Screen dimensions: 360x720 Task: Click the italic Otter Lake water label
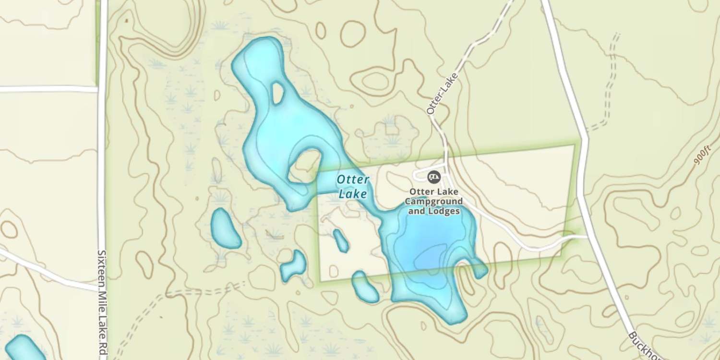[353, 187]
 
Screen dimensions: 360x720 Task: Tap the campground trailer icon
[434, 177]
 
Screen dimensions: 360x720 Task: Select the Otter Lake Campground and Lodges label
[436, 200]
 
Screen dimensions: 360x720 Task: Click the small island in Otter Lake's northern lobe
[277, 93]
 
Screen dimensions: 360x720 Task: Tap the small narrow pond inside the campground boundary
[341, 240]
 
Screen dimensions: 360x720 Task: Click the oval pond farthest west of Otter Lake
[226, 228]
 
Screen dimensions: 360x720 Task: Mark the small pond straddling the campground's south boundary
[365, 287]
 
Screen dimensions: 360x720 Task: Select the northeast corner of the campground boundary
[574, 145]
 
